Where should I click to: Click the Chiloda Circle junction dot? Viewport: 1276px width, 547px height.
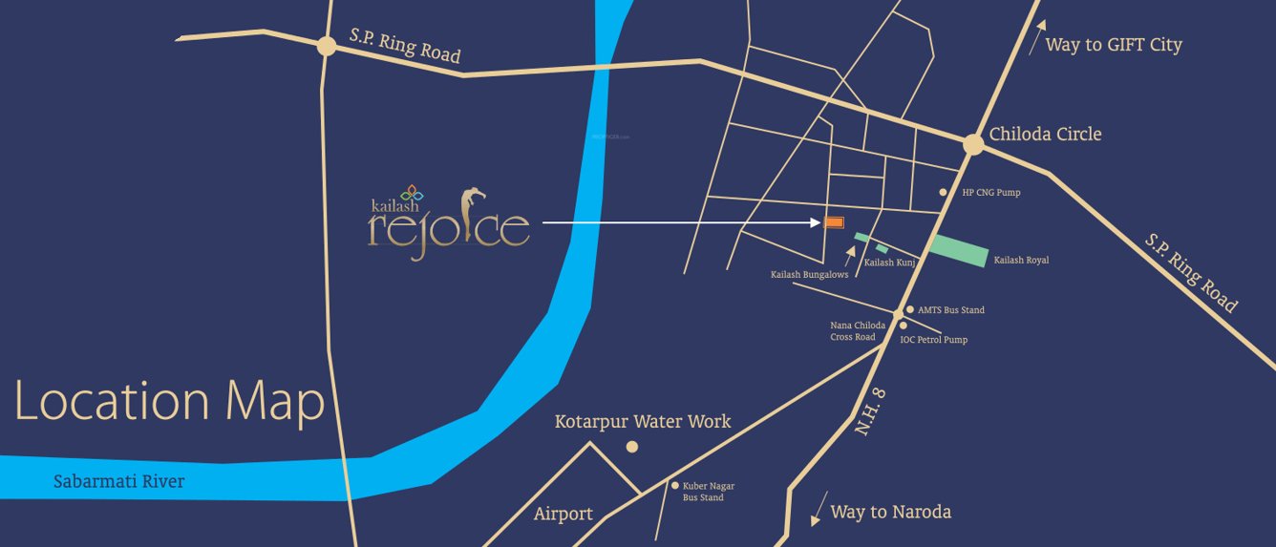click(973, 144)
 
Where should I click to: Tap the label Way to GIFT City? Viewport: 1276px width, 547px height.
click(1113, 45)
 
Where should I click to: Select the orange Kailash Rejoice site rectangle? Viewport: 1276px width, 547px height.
click(833, 222)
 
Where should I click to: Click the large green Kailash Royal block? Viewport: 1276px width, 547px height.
click(958, 250)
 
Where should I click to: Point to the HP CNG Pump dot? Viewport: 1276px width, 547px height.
click(943, 192)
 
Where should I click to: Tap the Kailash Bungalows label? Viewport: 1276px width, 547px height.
click(809, 275)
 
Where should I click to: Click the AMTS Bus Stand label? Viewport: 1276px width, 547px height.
click(950, 310)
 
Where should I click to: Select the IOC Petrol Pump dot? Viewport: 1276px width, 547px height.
click(904, 326)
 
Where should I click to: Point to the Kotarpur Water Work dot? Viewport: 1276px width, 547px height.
click(631, 447)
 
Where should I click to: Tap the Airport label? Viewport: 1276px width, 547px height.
click(564, 514)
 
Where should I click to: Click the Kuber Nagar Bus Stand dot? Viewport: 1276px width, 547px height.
click(674, 485)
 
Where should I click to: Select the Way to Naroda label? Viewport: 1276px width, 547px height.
click(890, 512)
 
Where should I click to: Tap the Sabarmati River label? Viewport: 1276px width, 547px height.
click(118, 481)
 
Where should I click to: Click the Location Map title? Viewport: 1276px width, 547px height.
click(169, 401)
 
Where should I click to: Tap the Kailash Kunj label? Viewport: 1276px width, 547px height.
click(890, 263)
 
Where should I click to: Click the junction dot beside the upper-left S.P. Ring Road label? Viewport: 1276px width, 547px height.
click(327, 46)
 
